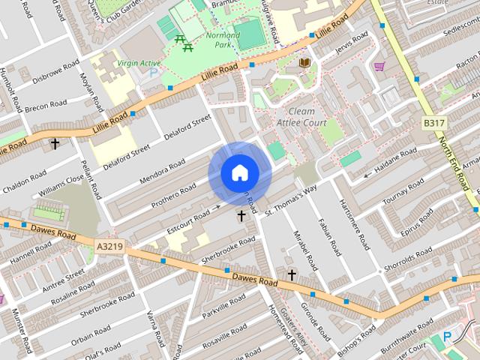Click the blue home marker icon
point(240,173)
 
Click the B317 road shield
point(434,122)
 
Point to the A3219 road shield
point(109,245)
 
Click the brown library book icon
point(304,62)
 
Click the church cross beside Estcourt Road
point(241,216)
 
